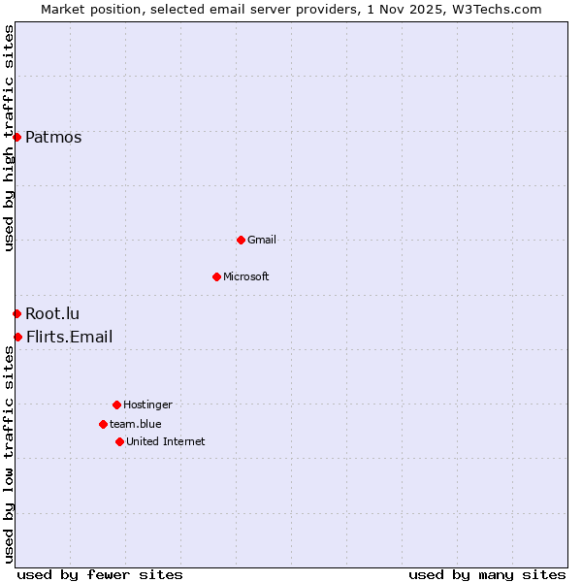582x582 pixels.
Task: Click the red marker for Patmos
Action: [16, 137]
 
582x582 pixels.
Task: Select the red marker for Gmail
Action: [241, 240]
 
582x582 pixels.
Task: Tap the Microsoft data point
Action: [216, 276]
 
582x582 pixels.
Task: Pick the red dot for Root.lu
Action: [16, 313]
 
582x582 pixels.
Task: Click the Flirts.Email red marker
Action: [17, 337]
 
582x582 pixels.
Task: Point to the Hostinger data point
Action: [116, 404]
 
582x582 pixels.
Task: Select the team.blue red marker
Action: [103, 424]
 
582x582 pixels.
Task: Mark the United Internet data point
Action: [119, 441]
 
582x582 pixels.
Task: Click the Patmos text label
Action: [53, 137]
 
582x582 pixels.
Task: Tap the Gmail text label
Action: [262, 240]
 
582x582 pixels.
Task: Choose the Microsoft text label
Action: [246, 276]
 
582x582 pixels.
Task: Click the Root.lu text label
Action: [52, 313]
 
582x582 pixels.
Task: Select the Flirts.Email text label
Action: [69, 337]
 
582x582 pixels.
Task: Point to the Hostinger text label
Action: [147, 404]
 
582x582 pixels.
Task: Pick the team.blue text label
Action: [136, 424]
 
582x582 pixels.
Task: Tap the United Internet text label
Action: [166, 441]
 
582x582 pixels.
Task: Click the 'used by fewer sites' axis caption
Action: [100, 574]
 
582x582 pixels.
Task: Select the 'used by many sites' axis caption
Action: [487, 574]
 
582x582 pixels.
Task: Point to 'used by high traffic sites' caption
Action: [9, 138]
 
